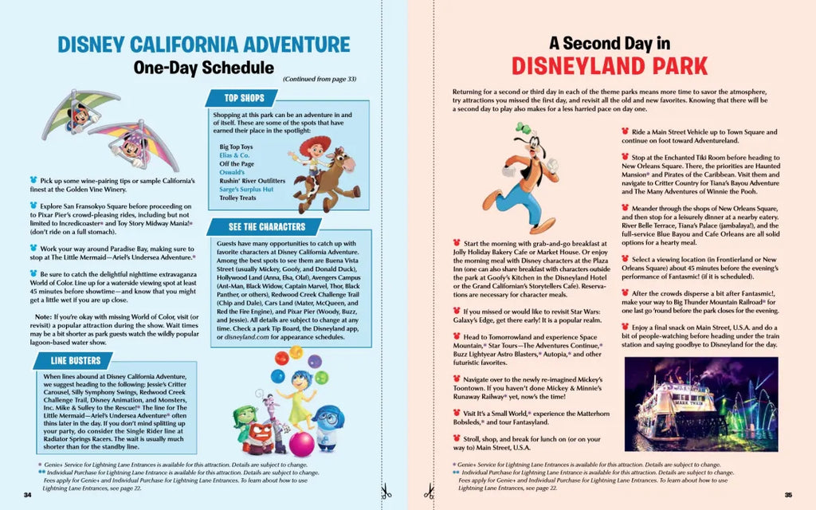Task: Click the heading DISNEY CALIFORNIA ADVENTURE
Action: click(x=204, y=44)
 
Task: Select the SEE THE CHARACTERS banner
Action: click(x=262, y=226)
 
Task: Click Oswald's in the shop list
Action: click(x=233, y=172)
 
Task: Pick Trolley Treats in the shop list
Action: click(x=238, y=198)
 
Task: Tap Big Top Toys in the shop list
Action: click(x=236, y=147)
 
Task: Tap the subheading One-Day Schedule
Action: click(x=204, y=68)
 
